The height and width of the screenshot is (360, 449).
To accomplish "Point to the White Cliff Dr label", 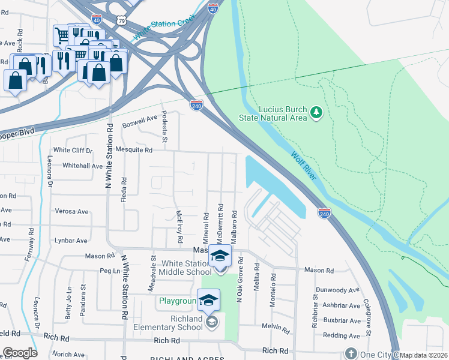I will point(73,150).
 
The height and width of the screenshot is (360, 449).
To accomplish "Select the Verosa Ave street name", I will point(71,211).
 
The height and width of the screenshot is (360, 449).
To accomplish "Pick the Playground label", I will point(178,301).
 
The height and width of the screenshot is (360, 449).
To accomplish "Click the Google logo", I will point(20,353).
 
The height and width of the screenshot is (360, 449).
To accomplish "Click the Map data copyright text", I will point(424,355).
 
